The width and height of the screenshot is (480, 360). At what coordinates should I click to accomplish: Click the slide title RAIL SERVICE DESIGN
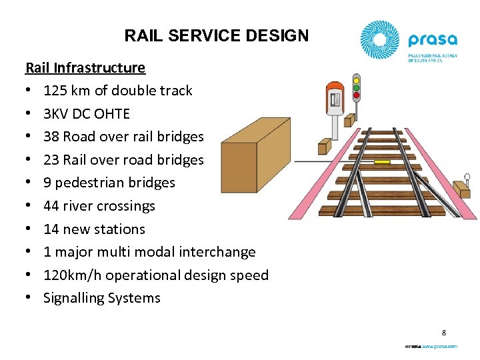tap(217, 35)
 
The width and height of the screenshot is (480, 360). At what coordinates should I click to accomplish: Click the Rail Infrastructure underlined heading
tap(85, 67)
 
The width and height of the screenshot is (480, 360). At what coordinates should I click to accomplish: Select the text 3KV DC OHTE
tap(87, 113)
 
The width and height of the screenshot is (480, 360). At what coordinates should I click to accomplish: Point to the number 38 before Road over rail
tap(51, 137)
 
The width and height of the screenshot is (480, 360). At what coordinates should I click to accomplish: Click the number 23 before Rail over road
tap(51, 160)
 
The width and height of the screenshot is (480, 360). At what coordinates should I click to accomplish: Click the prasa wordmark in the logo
tap(433, 40)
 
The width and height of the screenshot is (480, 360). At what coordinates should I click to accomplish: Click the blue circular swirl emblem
tap(381, 41)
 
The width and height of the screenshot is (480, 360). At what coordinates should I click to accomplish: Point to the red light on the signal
tap(356, 95)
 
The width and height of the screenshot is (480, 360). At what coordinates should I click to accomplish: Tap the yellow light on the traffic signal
tap(356, 80)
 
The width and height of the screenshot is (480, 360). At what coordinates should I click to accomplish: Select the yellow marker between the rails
tap(382, 161)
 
